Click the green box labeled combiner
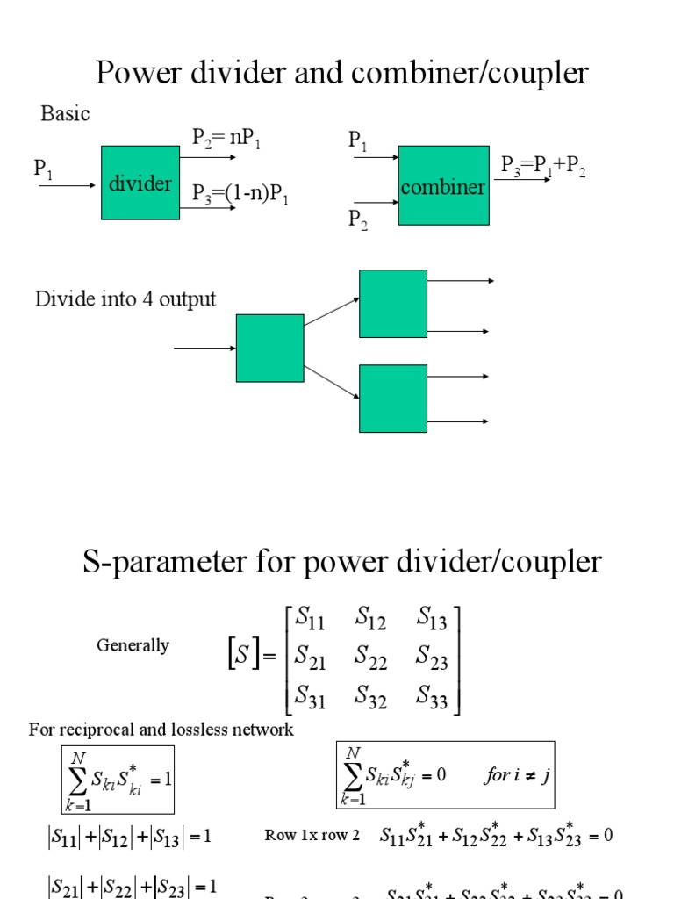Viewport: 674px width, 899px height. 443,186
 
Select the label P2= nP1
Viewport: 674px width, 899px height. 226,138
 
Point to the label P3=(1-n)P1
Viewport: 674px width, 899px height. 240,194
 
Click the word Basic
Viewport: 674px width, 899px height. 65,114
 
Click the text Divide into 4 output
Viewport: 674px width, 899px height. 125,299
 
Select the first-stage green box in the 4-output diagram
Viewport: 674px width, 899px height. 269,348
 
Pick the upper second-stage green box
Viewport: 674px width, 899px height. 393,304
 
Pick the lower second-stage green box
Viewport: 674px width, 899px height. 393,399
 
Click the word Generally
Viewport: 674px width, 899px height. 133,645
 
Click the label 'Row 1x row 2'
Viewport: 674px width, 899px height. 312,835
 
